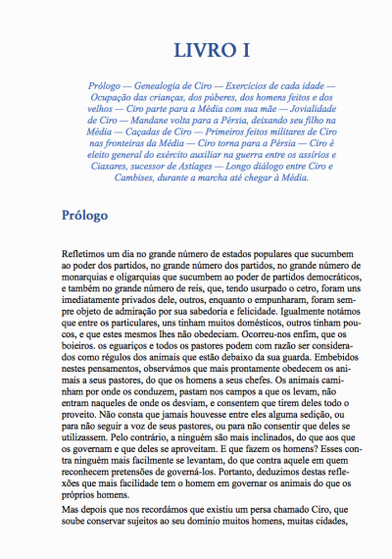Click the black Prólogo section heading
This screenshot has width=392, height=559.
click(x=89, y=214)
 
